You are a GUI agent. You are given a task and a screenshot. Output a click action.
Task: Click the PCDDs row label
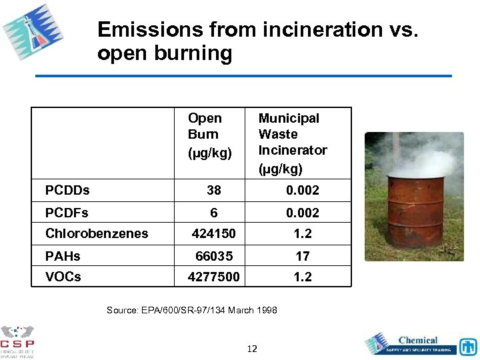click(67, 191)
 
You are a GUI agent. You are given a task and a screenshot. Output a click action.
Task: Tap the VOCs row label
click(63, 277)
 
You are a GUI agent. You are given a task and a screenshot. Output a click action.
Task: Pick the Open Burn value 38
click(214, 191)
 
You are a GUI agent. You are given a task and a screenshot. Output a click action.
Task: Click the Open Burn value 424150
click(213, 234)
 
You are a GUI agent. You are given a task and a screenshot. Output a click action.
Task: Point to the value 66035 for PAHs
click(214, 256)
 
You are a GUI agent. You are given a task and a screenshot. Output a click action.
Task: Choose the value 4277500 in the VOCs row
click(213, 277)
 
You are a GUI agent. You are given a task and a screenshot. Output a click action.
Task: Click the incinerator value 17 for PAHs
click(303, 256)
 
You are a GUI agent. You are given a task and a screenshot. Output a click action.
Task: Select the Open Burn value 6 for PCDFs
click(214, 213)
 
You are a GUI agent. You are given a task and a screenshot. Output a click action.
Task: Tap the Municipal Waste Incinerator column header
click(293, 143)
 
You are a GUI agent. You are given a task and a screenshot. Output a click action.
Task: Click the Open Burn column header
click(209, 135)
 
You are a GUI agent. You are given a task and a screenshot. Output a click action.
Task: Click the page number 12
click(252, 349)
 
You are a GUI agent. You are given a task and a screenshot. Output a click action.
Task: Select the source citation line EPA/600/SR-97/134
click(192, 311)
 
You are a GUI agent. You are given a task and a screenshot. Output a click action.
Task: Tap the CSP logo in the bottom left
click(17, 341)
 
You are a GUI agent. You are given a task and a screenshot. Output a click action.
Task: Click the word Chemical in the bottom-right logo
click(418, 340)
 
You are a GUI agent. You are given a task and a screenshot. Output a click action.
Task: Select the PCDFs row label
click(67, 213)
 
